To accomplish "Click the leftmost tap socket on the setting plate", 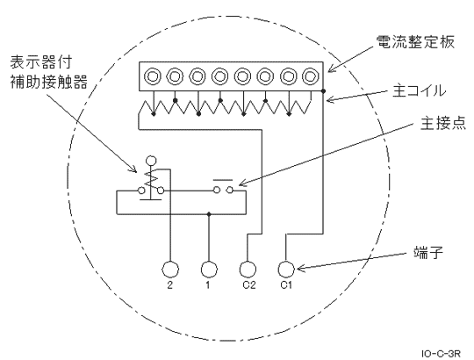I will tap(153, 76).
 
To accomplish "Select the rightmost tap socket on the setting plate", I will tap(310, 76).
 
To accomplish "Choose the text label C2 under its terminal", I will tap(248, 287).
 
